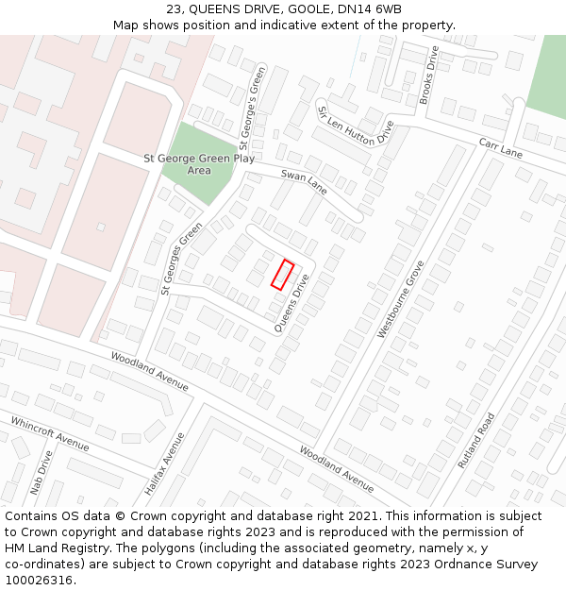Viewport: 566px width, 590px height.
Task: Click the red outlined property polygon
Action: tap(283, 274)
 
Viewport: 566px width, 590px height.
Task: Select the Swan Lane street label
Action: tap(305, 182)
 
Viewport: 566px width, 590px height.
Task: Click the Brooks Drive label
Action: tap(429, 76)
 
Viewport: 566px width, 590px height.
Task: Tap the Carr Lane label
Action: tap(500, 146)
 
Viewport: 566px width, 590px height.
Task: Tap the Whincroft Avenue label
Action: tap(49, 432)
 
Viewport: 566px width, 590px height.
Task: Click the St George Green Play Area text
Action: tap(198, 164)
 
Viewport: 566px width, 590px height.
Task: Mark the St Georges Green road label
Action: tap(181, 258)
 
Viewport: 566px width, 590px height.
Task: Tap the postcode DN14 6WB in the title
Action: tap(362, 9)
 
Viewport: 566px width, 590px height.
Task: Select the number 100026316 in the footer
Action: tap(38, 580)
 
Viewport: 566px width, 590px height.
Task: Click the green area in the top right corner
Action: tap(548, 76)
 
